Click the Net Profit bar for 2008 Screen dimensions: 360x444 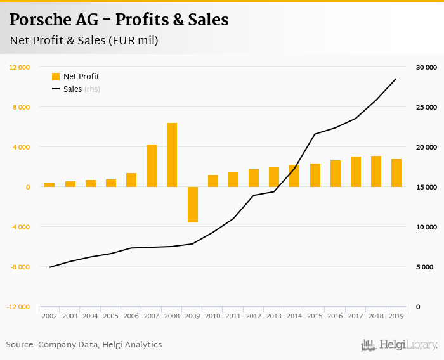pos(172,155)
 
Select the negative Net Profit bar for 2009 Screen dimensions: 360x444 pos(192,204)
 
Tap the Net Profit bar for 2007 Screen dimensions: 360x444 pos(152,165)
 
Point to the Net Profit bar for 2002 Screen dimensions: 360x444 pos(49,184)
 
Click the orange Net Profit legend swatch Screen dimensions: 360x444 pos(56,77)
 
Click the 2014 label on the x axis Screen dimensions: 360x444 pos(294,316)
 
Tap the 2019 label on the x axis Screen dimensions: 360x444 pos(396,316)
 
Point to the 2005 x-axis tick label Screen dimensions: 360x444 pos(110,316)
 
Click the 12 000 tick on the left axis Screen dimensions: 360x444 pos(20,67)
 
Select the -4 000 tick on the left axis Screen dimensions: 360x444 pos(19,227)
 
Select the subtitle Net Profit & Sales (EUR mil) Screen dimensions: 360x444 pos(84,41)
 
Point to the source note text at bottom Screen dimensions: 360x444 pos(84,345)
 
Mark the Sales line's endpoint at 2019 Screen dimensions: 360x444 pos(396,79)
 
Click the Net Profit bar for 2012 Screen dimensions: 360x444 pos(254,178)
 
